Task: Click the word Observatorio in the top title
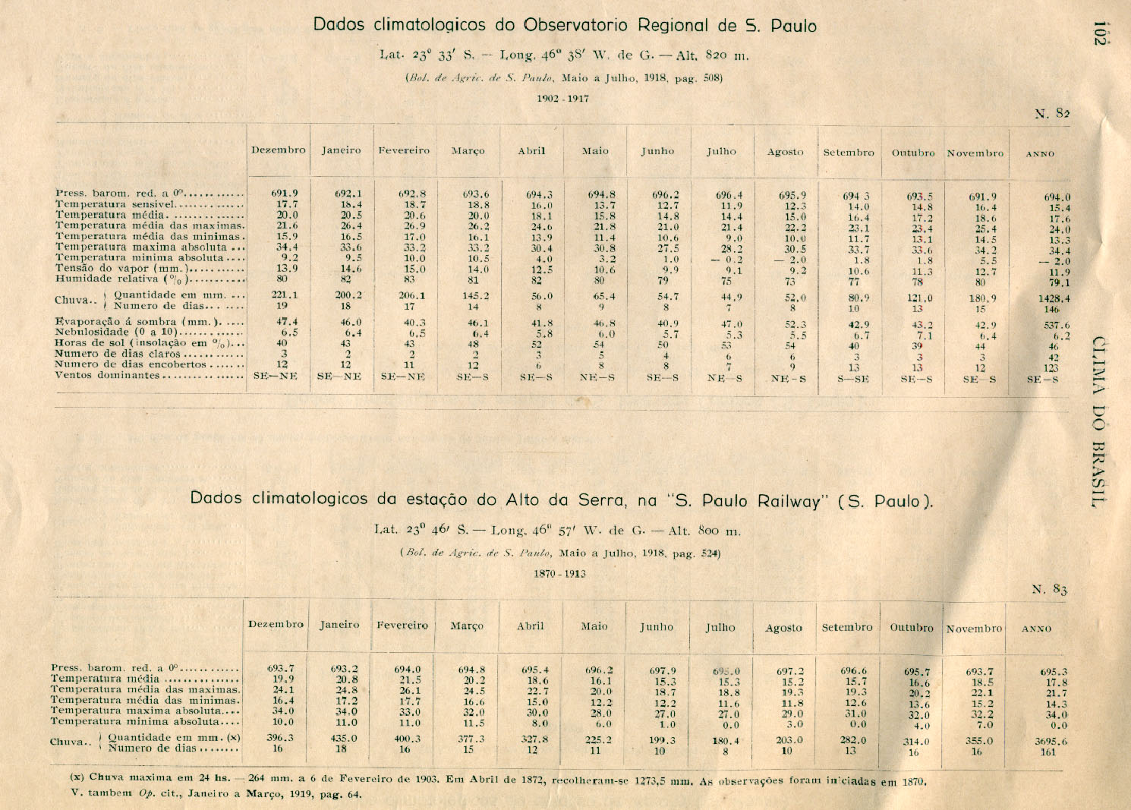(x=576, y=25)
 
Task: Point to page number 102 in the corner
(x=1098, y=33)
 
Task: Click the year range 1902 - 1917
(x=562, y=99)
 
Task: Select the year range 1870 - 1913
(x=559, y=574)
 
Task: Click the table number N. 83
(x=1050, y=590)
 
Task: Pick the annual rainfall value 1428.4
(x=1054, y=299)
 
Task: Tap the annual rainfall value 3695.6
(x=1051, y=742)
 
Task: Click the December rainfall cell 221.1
(x=285, y=295)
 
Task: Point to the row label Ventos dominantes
(x=108, y=375)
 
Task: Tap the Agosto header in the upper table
(x=785, y=152)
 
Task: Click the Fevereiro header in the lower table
(x=402, y=626)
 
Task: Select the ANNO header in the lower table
(x=1037, y=629)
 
